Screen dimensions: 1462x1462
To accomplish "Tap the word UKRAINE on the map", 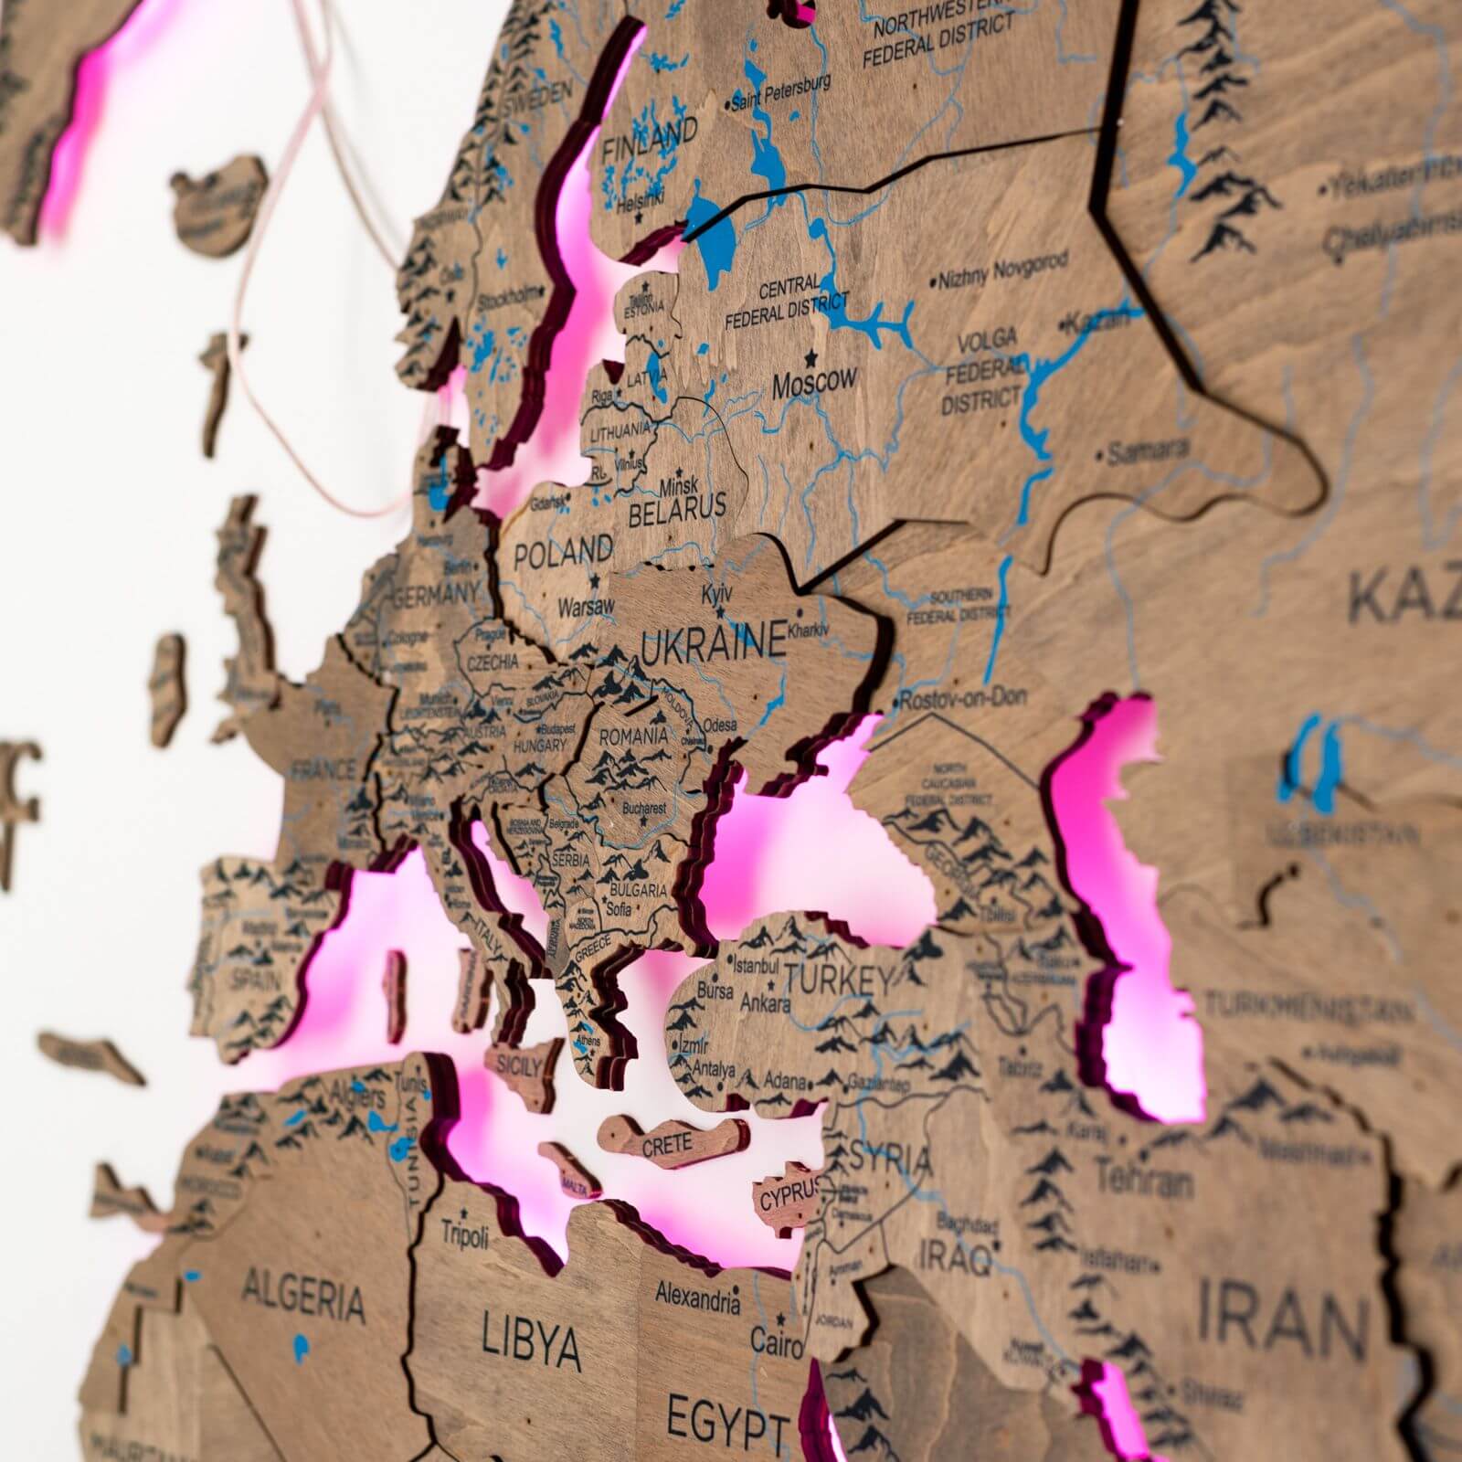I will [x=714, y=641].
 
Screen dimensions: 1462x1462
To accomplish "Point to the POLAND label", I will [x=563, y=552].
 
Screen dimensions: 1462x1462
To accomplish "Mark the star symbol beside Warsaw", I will [x=595, y=579].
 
